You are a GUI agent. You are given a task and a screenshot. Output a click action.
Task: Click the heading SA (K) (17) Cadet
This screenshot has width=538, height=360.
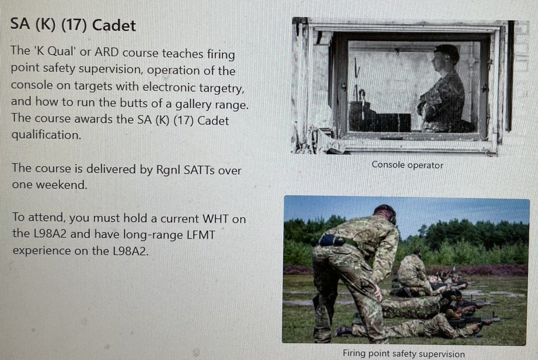click(73, 25)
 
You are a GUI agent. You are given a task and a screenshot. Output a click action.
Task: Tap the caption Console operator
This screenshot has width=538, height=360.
click(407, 165)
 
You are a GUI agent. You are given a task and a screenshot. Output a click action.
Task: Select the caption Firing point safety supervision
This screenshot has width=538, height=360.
click(403, 353)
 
